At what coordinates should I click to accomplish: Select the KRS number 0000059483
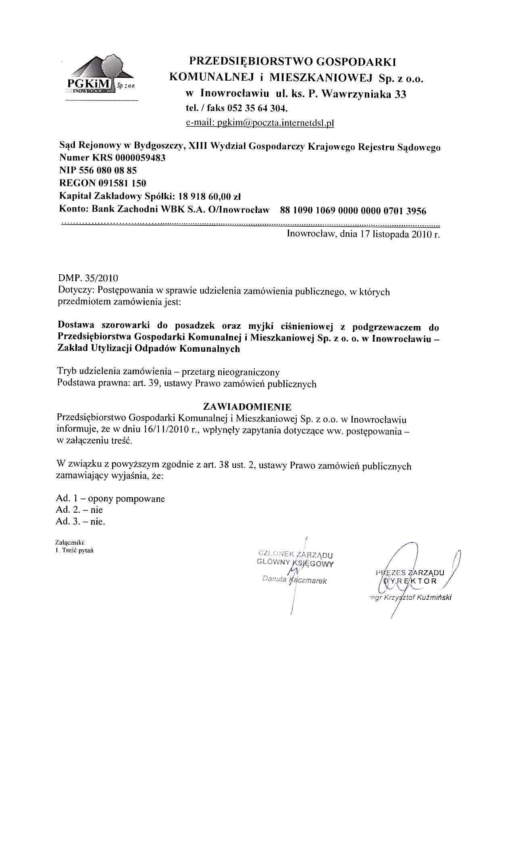140,158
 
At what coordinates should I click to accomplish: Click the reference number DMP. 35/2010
88,278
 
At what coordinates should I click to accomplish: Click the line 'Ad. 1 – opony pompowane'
110,499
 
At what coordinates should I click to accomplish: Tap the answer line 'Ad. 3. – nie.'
81,522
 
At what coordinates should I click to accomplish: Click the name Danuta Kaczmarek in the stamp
294,581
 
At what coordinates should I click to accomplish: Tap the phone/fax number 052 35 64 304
257,108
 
